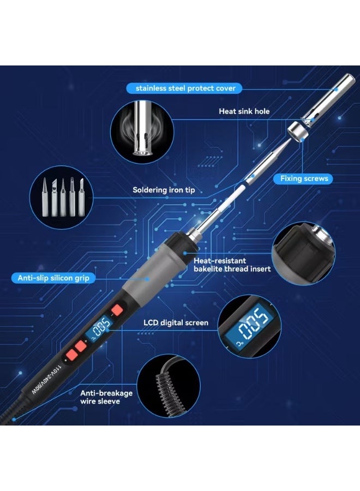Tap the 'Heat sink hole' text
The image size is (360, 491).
(244, 111)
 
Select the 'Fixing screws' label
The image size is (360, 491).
(304, 178)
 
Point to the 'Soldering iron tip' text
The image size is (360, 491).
(164, 190)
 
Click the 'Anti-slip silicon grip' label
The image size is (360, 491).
(53, 278)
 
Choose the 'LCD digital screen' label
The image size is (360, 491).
(176, 322)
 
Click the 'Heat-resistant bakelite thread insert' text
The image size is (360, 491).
(232, 265)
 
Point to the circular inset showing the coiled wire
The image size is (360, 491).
(164, 388)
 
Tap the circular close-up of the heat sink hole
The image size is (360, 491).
(139, 133)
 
